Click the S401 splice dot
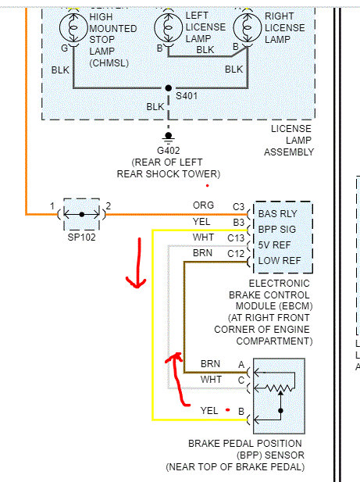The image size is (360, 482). point(169,88)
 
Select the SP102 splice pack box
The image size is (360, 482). point(82,214)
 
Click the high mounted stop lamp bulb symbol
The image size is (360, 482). point(73,27)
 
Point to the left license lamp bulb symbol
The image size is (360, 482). point(169,27)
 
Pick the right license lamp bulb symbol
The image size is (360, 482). point(248,27)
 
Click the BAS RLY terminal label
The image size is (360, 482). point(277,213)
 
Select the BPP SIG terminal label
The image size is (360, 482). point(276,230)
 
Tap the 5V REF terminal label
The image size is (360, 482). point(274,245)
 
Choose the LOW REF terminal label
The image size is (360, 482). point(280,261)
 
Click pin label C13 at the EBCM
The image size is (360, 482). point(236,238)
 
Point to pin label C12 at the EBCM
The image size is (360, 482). point(236,254)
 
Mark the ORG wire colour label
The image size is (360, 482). point(203,205)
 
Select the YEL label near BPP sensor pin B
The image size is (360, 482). point(209,411)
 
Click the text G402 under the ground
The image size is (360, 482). point(169,151)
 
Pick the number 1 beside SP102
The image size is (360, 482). point(52,206)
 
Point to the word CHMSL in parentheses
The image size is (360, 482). point(109,63)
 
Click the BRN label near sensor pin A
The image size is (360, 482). point(210,364)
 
